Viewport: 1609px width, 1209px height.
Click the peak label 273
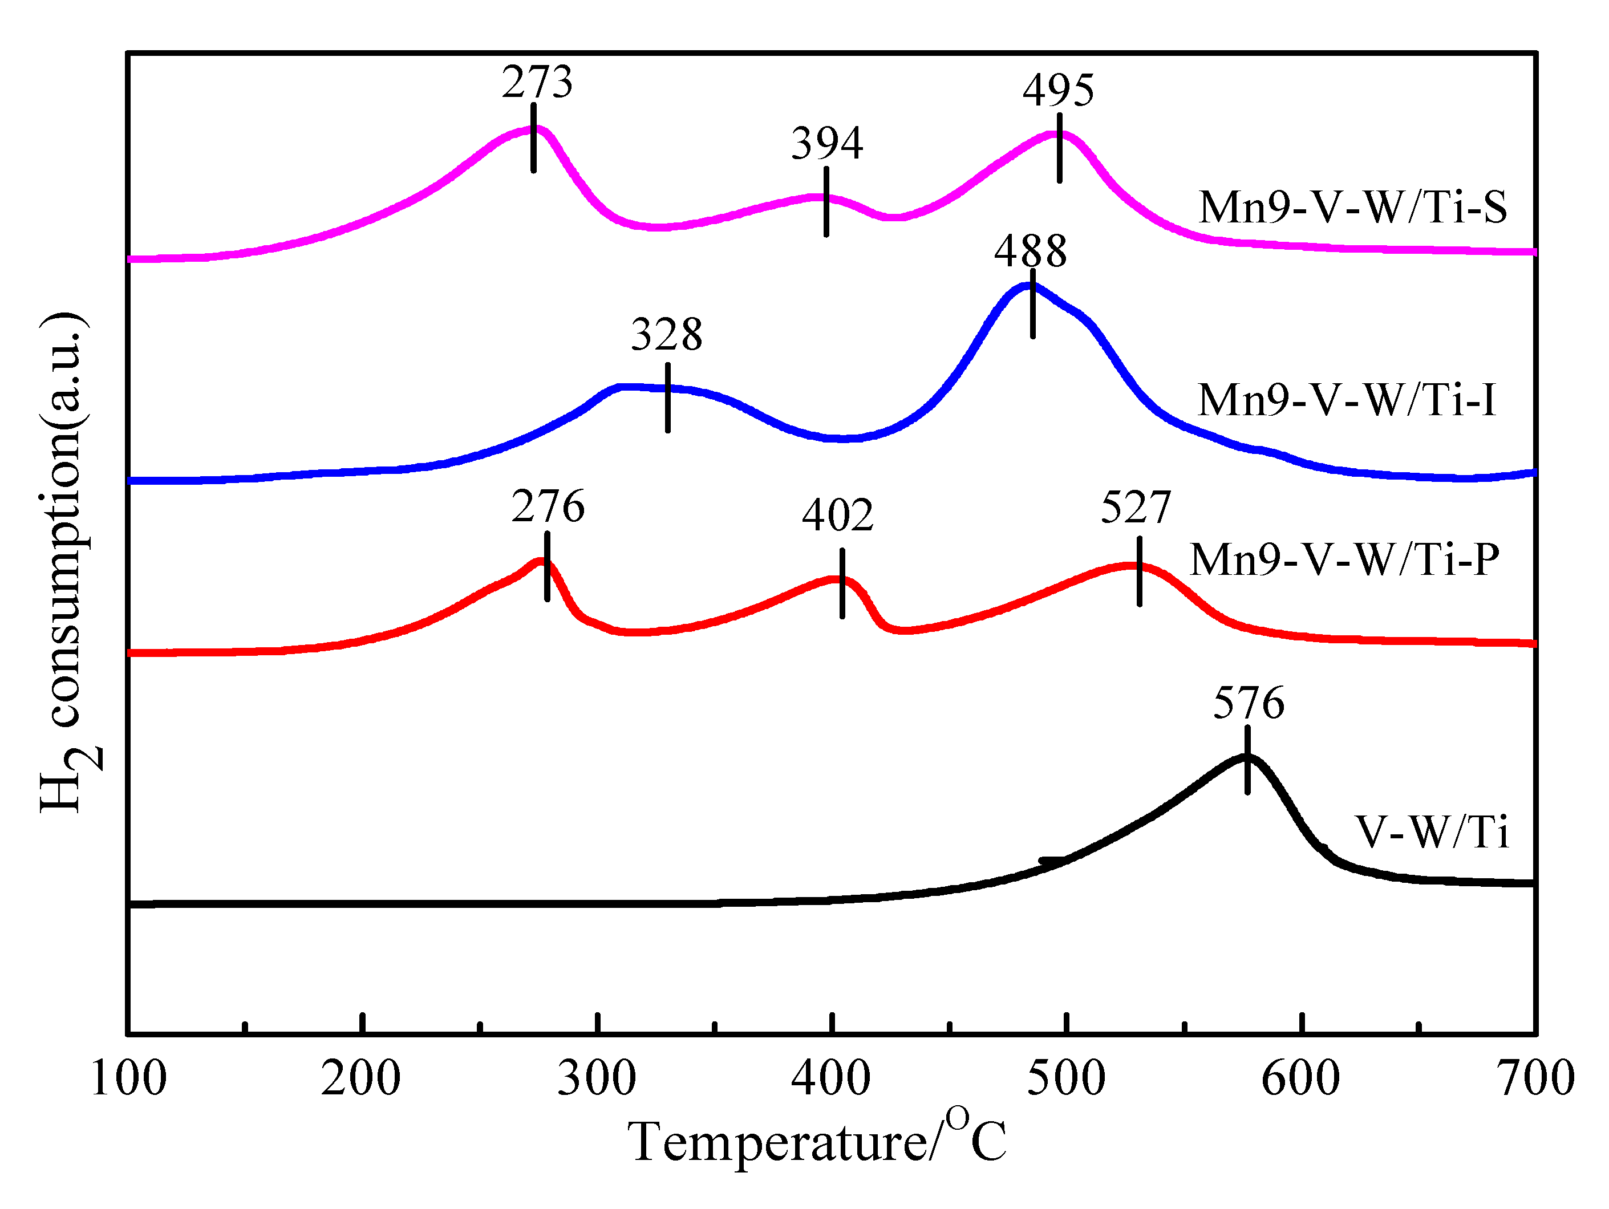click(537, 82)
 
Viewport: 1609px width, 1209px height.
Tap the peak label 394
click(827, 143)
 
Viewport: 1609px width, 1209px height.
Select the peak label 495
click(1059, 91)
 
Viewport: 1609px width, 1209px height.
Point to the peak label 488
click(1031, 251)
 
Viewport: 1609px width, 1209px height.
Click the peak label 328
click(666, 335)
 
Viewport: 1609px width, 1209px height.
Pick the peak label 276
click(548, 507)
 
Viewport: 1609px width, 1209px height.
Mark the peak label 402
click(837, 516)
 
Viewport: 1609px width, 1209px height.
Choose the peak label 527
click(1136, 508)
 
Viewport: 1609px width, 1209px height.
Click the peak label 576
click(1248, 703)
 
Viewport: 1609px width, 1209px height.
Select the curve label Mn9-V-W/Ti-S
click(1352, 208)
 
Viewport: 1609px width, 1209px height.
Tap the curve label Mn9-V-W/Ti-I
click(1347, 400)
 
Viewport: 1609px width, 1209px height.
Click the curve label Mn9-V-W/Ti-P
click(1344, 559)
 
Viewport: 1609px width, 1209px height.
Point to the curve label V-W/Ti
click(1432, 831)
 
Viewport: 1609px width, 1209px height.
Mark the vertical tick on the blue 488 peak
click(1033, 303)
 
